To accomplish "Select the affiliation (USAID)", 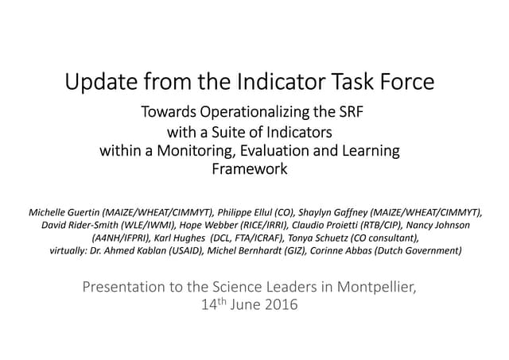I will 213,251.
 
